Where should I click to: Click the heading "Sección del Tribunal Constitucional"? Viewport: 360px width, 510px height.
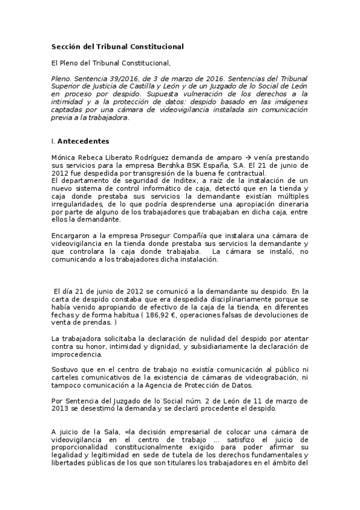click(117, 46)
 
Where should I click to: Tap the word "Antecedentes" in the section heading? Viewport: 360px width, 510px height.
click(83, 141)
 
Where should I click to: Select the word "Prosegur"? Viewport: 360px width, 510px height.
click(147, 235)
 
